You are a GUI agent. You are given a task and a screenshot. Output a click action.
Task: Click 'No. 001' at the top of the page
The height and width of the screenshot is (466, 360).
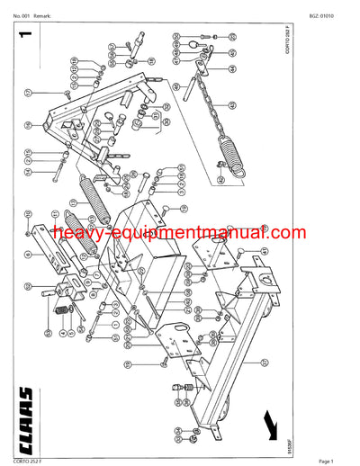[x=23, y=5]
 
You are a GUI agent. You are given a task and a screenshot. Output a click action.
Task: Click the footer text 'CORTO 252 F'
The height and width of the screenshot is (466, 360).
[x=22, y=461]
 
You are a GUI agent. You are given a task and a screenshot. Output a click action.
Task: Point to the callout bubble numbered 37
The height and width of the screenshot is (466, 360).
[x=29, y=93]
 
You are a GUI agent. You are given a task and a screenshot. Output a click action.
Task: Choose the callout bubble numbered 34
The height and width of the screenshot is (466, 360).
[x=29, y=172]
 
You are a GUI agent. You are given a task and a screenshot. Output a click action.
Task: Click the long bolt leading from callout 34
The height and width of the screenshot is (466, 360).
[x=58, y=169]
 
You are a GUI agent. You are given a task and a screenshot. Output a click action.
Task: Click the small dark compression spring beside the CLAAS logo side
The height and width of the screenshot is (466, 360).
[x=64, y=310]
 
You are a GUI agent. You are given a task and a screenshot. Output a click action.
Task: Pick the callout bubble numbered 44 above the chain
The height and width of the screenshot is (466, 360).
[x=233, y=68]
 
